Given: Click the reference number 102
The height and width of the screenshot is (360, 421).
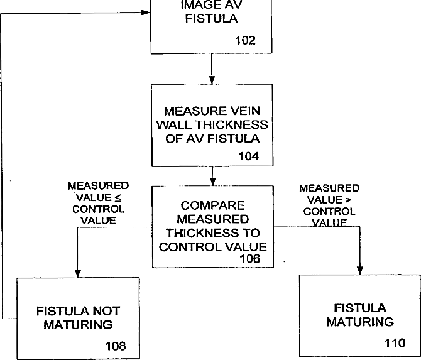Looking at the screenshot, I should click(245, 41).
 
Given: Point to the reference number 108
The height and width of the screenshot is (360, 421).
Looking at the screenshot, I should click(116, 346).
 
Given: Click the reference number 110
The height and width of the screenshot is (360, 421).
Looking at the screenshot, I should click(395, 342).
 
